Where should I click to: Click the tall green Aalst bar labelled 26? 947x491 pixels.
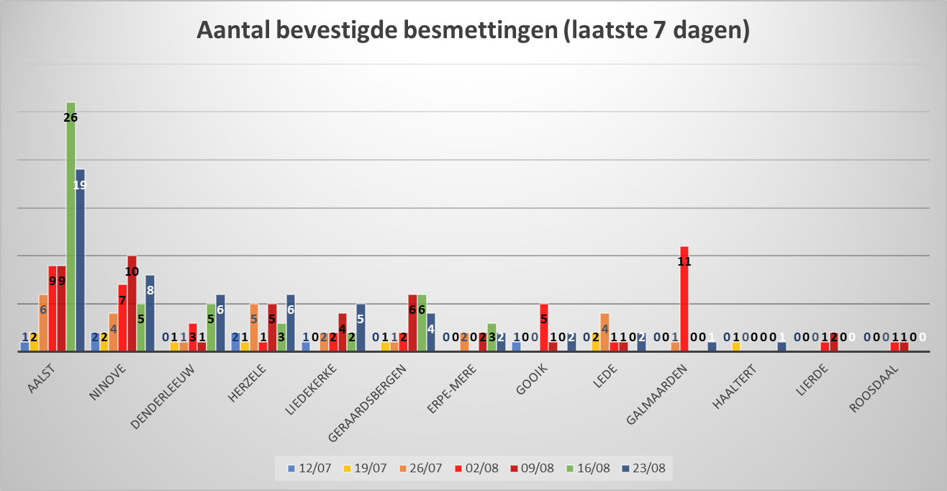pyautogui.click(x=71, y=230)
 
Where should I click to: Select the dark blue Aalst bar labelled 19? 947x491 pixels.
pyautogui.click(x=80, y=266)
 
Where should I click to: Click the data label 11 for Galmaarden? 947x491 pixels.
pyautogui.click(x=684, y=261)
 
